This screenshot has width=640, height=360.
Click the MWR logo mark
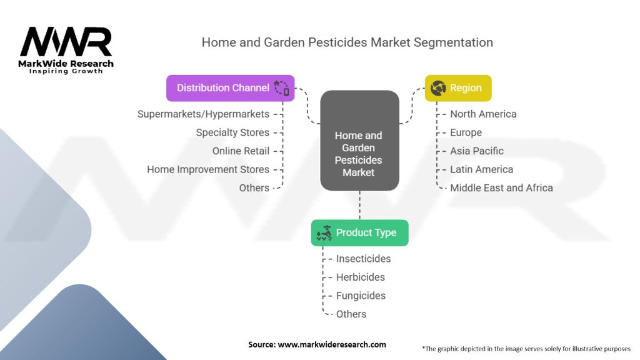tap(66, 42)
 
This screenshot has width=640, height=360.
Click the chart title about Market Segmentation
tap(347, 42)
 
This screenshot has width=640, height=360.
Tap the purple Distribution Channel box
tap(230, 88)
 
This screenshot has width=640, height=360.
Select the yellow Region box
tap(458, 88)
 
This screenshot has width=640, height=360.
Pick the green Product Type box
tap(359, 232)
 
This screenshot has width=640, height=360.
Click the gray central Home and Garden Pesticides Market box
tap(359, 141)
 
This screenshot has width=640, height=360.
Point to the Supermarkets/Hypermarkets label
tap(203, 114)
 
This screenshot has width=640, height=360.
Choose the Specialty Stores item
tap(232, 132)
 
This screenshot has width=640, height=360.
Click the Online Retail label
tap(241, 151)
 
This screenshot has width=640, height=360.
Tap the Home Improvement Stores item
tap(208, 169)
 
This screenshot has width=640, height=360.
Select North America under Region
tap(483, 114)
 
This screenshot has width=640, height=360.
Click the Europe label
tap(466, 132)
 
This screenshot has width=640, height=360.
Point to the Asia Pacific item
tap(477, 151)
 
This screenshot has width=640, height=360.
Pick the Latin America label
tap(482, 169)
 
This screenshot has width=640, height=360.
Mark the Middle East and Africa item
tap(502, 187)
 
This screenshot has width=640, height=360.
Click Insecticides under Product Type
tap(363, 259)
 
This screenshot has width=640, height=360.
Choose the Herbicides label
tap(361, 277)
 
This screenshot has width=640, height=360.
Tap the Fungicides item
tap(361, 296)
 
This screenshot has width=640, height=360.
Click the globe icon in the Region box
tap(438, 88)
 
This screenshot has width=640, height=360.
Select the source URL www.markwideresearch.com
tap(332, 344)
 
